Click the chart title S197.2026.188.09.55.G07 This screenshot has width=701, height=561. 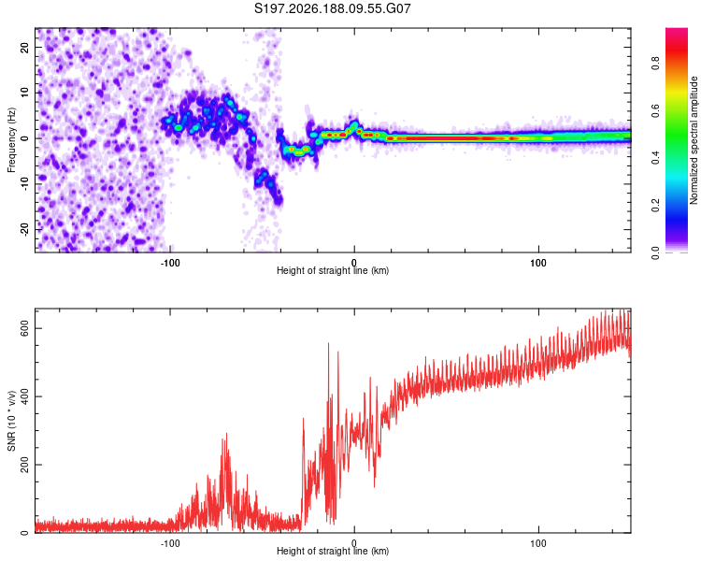[x=332, y=8]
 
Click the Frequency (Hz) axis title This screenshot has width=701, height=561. [x=11, y=140]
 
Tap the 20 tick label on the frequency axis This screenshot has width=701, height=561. [x=24, y=47]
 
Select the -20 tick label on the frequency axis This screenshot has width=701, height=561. [x=24, y=230]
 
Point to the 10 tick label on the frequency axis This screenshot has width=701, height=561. [x=24, y=93]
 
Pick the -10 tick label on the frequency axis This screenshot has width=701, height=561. [x=24, y=184]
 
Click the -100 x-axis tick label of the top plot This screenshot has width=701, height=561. [x=170, y=263]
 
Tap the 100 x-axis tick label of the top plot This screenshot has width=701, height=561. [x=538, y=263]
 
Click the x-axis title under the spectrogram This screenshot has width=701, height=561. [x=333, y=270]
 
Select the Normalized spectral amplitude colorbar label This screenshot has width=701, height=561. [x=694, y=140]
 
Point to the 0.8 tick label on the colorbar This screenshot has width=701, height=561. [x=655, y=64]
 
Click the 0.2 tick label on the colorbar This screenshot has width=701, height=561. [x=655, y=205]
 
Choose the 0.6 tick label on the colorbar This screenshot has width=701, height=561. [x=655, y=110]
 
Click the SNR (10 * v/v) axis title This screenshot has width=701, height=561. [x=11, y=421]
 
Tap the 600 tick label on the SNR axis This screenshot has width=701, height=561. [x=24, y=329]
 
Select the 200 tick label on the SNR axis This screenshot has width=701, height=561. [x=24, y=466]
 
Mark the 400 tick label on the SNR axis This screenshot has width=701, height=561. [x=24, y=396]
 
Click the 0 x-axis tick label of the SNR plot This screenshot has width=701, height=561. [x=354, y=543]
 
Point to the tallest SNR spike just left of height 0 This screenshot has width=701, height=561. [x=329, y=343]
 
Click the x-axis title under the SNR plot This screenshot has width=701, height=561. [x=333, y=551]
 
